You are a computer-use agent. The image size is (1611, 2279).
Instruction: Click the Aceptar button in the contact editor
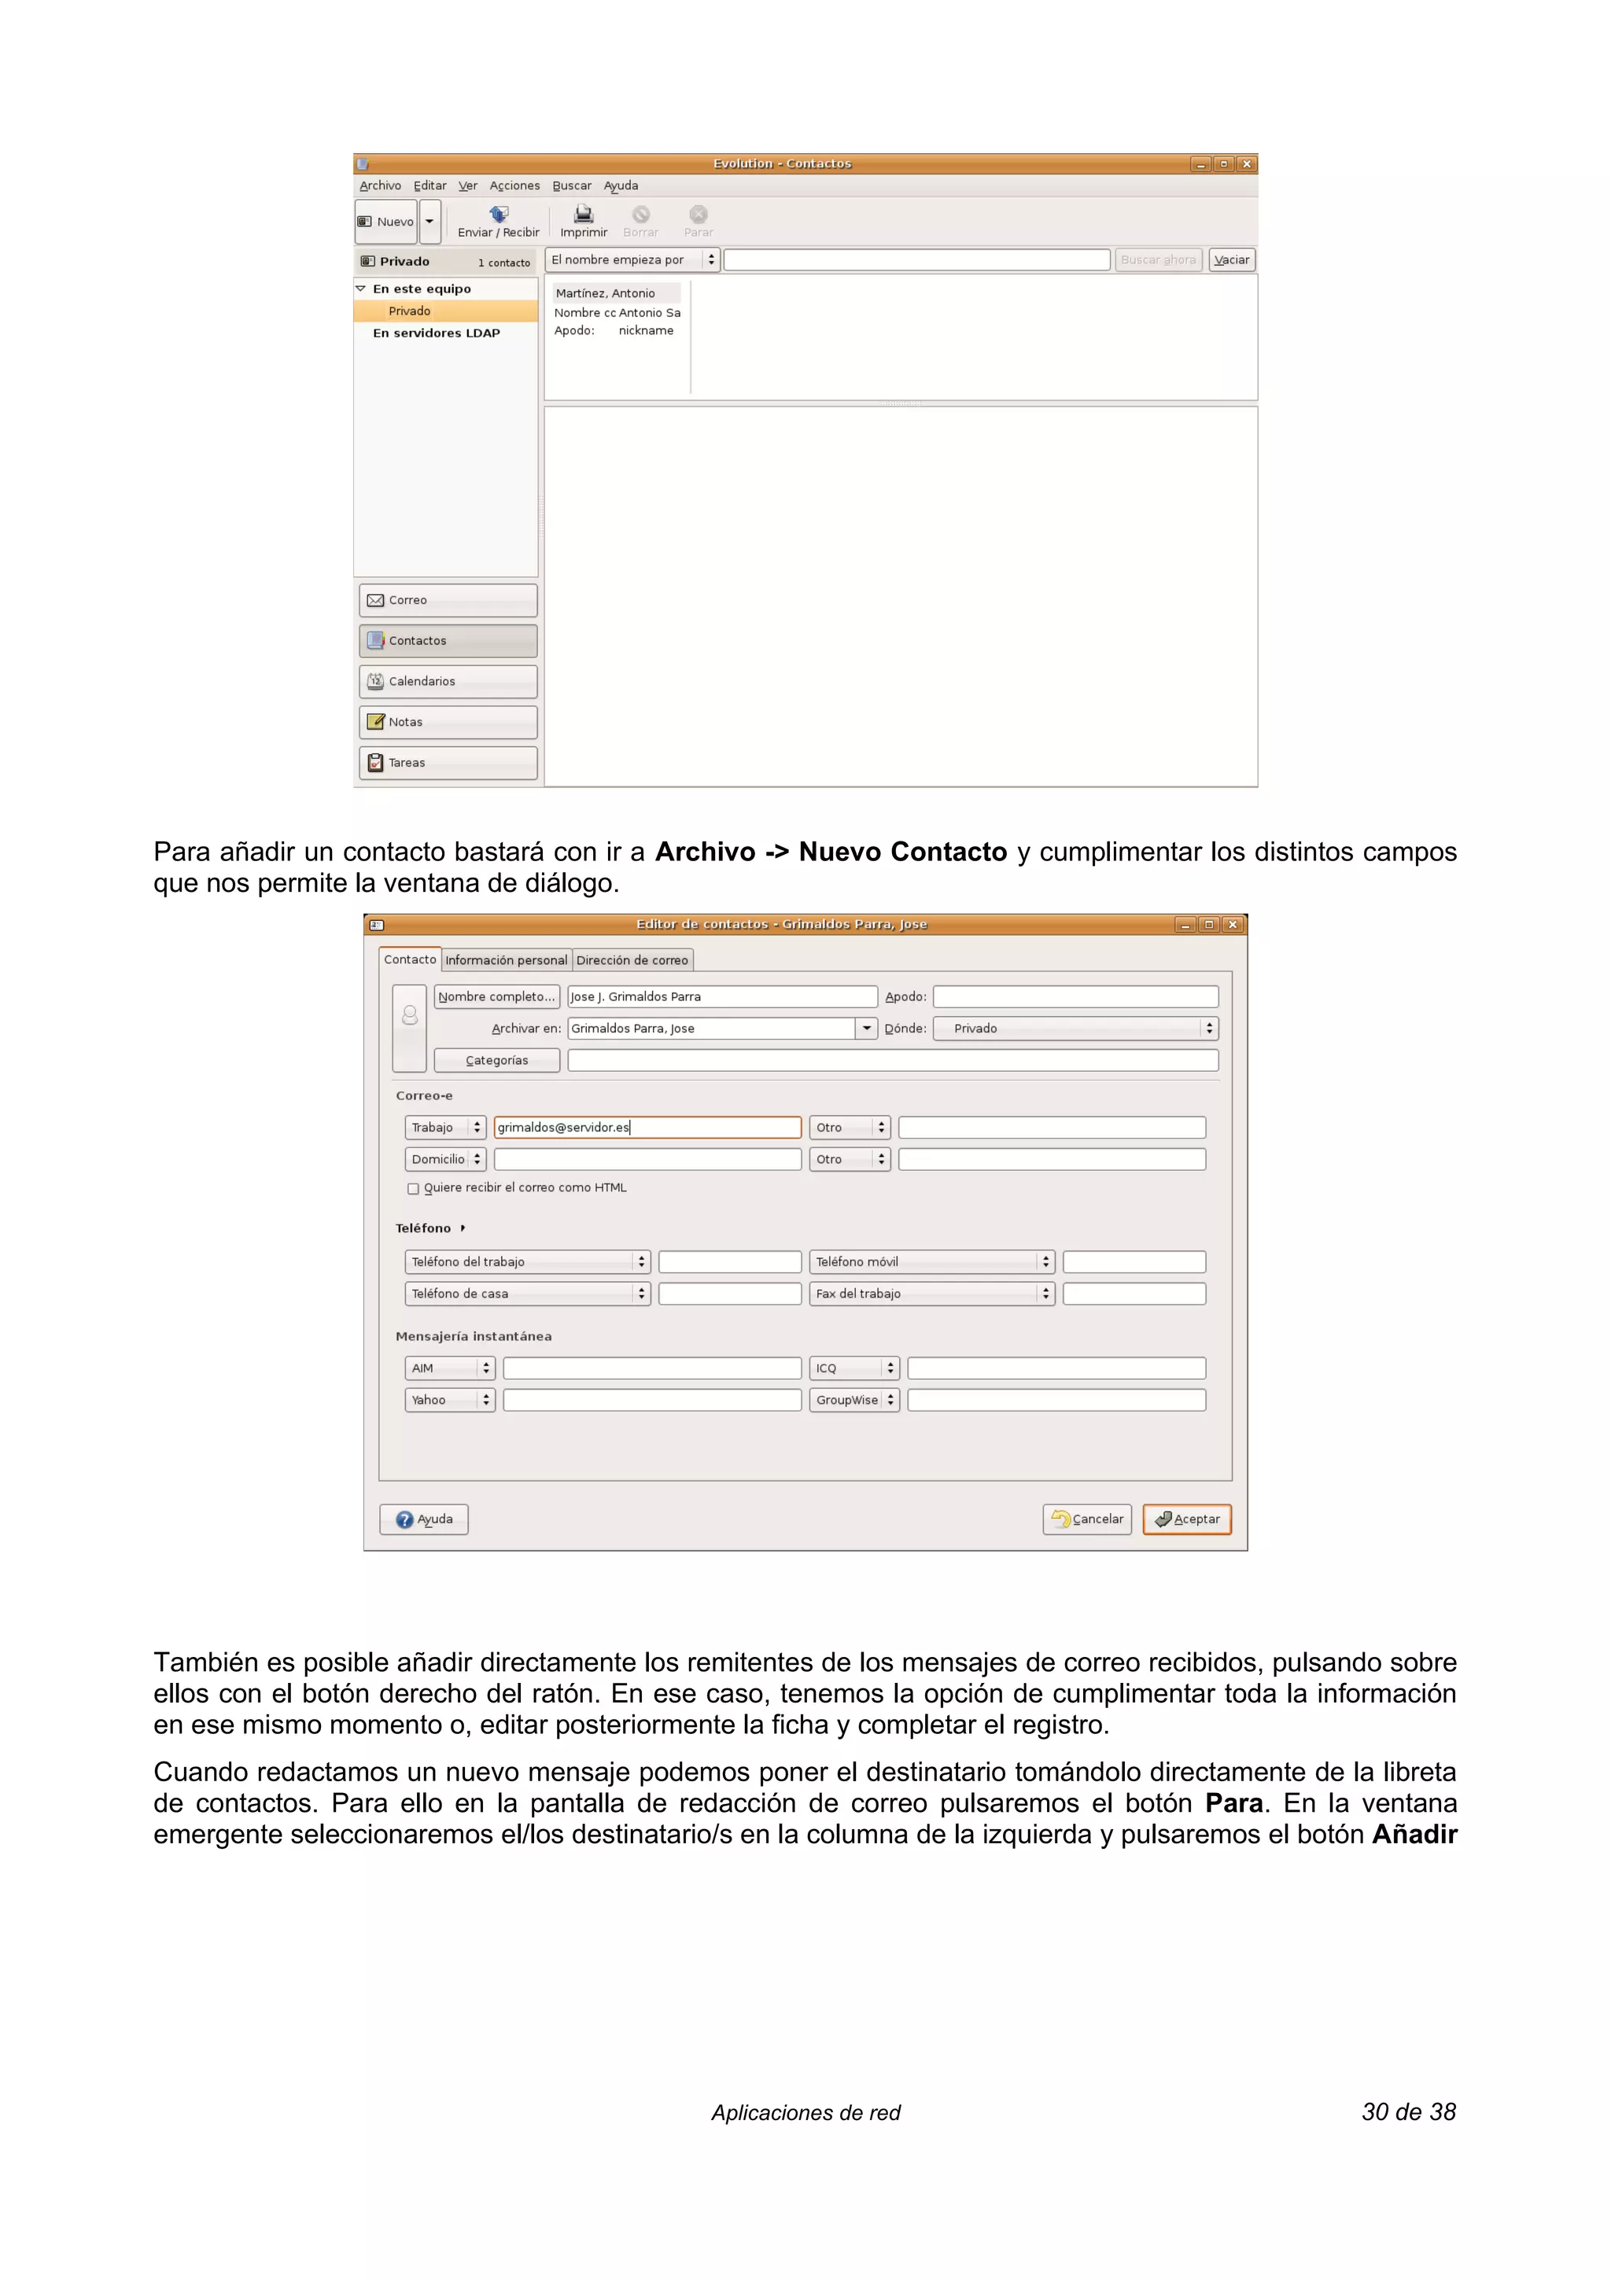click(1186, 1519)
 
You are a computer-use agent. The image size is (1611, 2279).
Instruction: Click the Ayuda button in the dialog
click(424, 1519)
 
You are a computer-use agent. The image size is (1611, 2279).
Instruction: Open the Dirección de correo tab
click(632, 960)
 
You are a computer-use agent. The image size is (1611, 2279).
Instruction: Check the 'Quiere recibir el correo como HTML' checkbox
click(413, 1188)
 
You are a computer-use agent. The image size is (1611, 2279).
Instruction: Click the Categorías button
click(496, 1060)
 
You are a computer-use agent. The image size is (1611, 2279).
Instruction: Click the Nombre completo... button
click(496, 996)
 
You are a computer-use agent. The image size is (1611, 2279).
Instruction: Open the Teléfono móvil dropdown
click(931, 1261)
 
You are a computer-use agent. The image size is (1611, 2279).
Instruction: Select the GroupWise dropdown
click(853, 1400)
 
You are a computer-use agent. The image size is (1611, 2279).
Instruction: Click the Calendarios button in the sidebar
click(448, 681)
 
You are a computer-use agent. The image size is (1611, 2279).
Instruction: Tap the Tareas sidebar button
click(448, 762)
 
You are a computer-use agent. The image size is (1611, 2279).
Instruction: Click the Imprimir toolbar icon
click(584, 220)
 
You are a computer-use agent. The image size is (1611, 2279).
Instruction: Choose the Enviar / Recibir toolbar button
click(498, 220)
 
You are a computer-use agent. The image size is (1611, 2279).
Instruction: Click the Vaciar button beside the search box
click(1231, 260)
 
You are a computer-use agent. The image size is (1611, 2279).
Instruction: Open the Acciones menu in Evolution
click(514, 186)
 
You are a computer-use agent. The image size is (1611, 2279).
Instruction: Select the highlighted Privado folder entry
click(410, 311)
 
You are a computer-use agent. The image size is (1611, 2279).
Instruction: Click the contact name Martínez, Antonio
click(606, 293)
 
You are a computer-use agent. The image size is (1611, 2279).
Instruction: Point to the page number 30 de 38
click(1407, 2111)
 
